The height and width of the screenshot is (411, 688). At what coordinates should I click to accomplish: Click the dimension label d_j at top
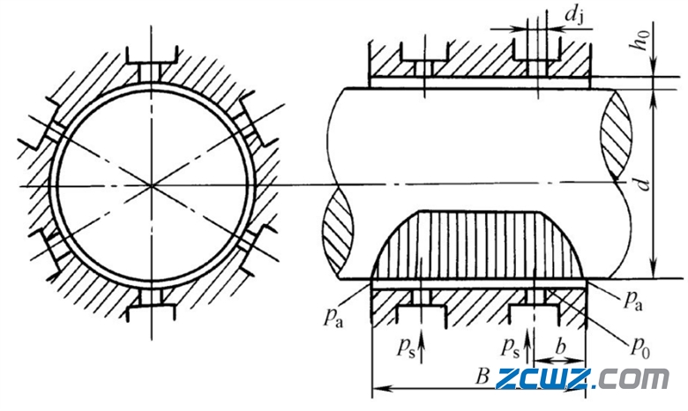[575, 17]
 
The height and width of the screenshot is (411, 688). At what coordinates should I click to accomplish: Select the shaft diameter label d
[642, 184]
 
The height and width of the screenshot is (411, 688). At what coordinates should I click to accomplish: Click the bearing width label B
[482, 376]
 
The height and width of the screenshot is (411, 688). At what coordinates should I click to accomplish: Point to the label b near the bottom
[561, 347]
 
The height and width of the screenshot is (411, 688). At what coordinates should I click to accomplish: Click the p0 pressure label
[639, 347]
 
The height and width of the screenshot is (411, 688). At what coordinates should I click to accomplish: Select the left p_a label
[333, 317]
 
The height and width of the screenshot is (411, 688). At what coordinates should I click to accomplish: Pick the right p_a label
[632, 300]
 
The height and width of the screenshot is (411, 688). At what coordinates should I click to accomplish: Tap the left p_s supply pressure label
[406, 348]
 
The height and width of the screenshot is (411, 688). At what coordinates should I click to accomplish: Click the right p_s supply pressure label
[511, 348]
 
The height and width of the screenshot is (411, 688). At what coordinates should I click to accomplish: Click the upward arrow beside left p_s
[422, 346]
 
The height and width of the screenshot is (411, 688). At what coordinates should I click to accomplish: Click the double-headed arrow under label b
[559, 361]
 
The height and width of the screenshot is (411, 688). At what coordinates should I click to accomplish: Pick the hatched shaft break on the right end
[617, 134]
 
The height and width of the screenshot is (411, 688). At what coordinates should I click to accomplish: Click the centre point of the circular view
[152, 186]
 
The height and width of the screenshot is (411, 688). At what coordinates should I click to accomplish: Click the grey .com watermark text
[632, 379]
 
